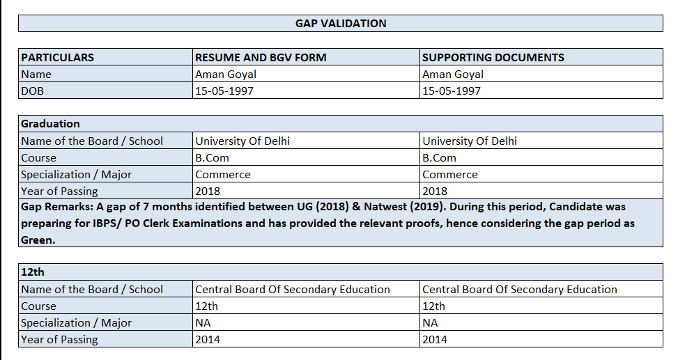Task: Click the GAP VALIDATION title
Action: pos(341,24)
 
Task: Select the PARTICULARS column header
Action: pos(58,57)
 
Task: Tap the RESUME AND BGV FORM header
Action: pos(261,57)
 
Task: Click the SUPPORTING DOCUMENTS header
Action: pos(493,57)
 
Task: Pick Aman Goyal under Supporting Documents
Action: pos(453,74)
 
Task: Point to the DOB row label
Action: pos(32,91)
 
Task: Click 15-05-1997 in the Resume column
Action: pos(224,91)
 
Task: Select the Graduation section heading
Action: pos(50,124)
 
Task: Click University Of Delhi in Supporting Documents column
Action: pos(470,141)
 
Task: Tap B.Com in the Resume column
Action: pos(213,157)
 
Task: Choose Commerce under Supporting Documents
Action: pos(450,174)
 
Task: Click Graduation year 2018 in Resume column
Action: pos(208,191)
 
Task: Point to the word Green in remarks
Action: pos(37,240)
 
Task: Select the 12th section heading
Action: pos(33,272)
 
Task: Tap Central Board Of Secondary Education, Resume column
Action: pos(293,289)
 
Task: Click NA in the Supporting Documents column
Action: pos(430,322)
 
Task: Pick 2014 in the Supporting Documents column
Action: pos(435,340)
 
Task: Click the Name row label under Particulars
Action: pos(36,74)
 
